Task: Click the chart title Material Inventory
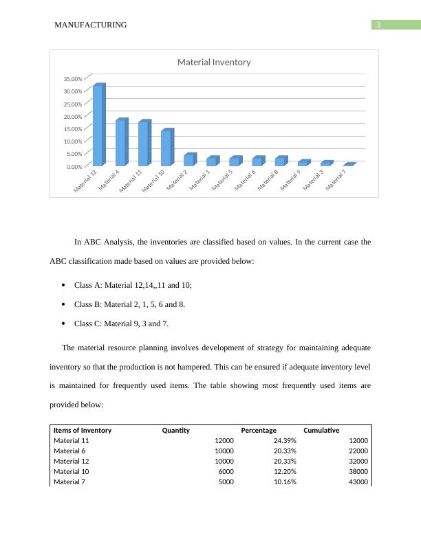pos(214,62)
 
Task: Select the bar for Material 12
pos(98,125)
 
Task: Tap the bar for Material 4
pos(121,142)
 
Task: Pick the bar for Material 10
pos(166,148)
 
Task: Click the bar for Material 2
pos(189,159)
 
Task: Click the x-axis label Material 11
pos(131,181)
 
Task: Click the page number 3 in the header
pos(378,25)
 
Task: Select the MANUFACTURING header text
pos(90,25)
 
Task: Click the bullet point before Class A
pos(63,285)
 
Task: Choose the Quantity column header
pos(175,431)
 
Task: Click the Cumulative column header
pos(321,431)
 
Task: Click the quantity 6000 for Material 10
pos(224,472)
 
